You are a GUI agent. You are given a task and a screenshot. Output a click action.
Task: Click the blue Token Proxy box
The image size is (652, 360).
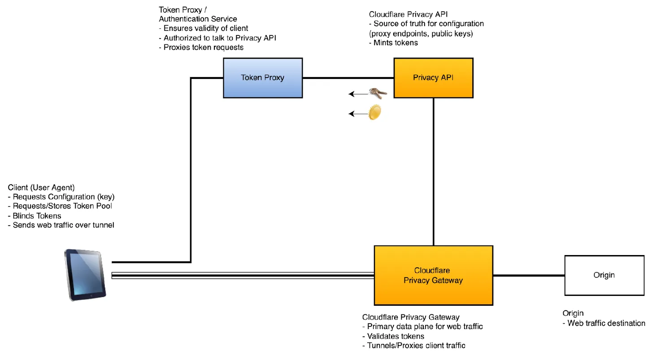(263, 78)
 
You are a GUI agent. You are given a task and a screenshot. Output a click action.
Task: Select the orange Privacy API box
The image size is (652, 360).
(433, 78)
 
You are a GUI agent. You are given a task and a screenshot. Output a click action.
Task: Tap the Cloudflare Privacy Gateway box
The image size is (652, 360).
(433, 275)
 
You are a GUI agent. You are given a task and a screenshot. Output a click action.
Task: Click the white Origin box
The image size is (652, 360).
(604, 275)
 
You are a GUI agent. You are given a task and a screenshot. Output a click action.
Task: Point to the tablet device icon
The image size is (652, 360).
(85, 275)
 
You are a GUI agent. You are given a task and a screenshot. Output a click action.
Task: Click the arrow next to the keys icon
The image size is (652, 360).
(357, 94)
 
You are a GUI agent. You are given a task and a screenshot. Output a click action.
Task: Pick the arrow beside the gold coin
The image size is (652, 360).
(357, 114)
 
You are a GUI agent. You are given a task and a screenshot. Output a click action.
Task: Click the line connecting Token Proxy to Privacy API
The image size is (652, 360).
(348, 78)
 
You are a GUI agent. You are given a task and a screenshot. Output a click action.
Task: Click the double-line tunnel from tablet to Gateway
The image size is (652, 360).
(242, 275)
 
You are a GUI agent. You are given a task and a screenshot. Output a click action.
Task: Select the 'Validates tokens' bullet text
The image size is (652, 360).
(395, 336)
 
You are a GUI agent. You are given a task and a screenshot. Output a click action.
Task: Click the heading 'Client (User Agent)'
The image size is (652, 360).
(41, 187)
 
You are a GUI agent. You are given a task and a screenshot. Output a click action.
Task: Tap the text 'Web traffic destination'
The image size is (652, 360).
(606, 323)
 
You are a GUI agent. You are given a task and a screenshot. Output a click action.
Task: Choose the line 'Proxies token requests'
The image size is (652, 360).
(203, 47)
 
